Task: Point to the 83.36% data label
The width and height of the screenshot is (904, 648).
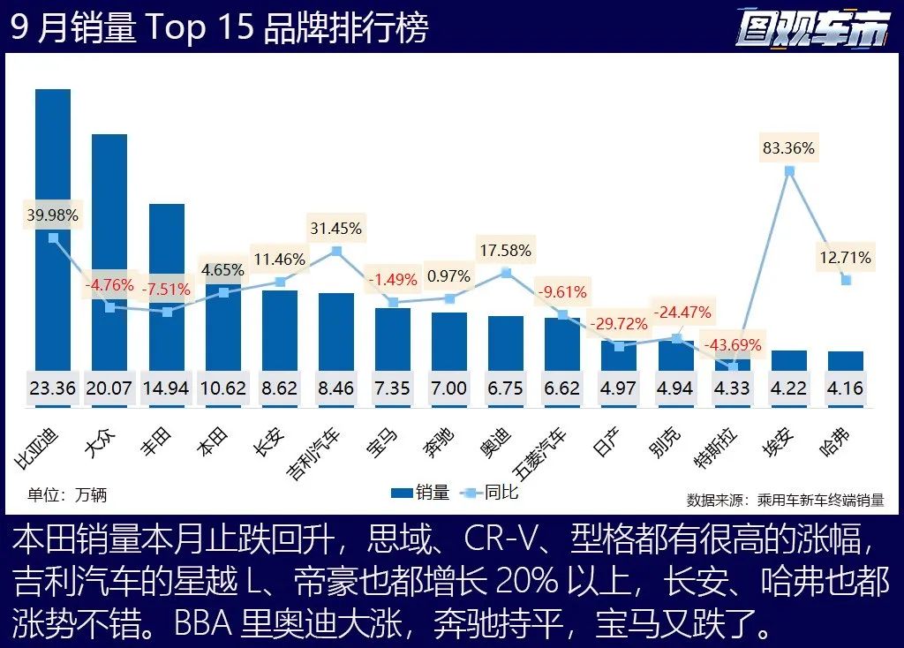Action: point(789,147)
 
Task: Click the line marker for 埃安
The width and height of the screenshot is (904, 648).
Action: point(789,170)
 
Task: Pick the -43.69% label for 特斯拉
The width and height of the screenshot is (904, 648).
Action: point(732,344)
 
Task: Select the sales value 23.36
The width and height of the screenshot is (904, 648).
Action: point(53,388)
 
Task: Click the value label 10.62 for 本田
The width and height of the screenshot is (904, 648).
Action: point(222,388)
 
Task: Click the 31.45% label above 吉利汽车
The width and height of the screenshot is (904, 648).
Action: point(335,228)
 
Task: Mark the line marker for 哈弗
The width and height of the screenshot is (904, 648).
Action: point(846,280)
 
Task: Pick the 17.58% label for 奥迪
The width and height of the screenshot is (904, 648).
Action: point(505,250)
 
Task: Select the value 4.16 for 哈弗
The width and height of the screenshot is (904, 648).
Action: point(846,388)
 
